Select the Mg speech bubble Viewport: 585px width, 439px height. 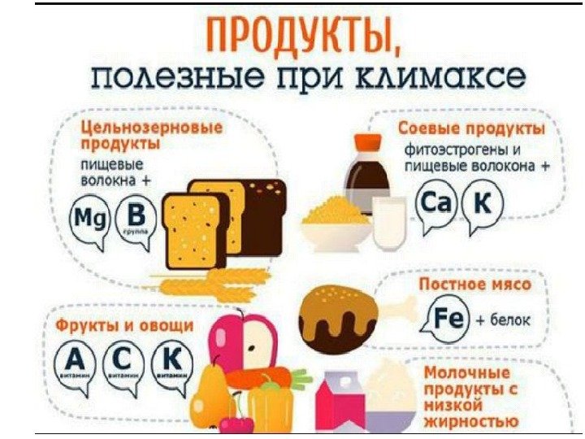tap(89, 219)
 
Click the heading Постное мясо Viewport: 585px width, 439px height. tap(474, 285)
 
